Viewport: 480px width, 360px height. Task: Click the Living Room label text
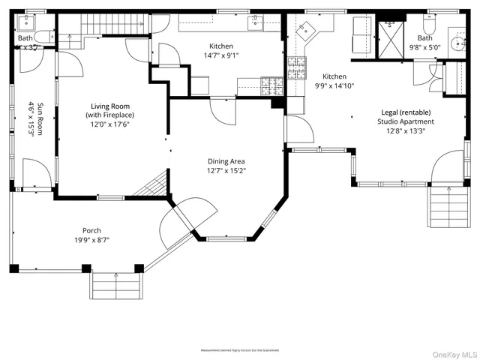coord(111,106)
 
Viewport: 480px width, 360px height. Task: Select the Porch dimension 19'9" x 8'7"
coord(91,241)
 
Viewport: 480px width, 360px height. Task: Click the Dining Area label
coord(226,161)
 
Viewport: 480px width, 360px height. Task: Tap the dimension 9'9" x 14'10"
coord(334,86)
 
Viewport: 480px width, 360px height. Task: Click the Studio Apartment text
coord(405,121)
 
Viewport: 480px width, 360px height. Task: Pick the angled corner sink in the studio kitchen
coord(306,31)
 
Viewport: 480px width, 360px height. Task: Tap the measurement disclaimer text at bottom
coord(240,350)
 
